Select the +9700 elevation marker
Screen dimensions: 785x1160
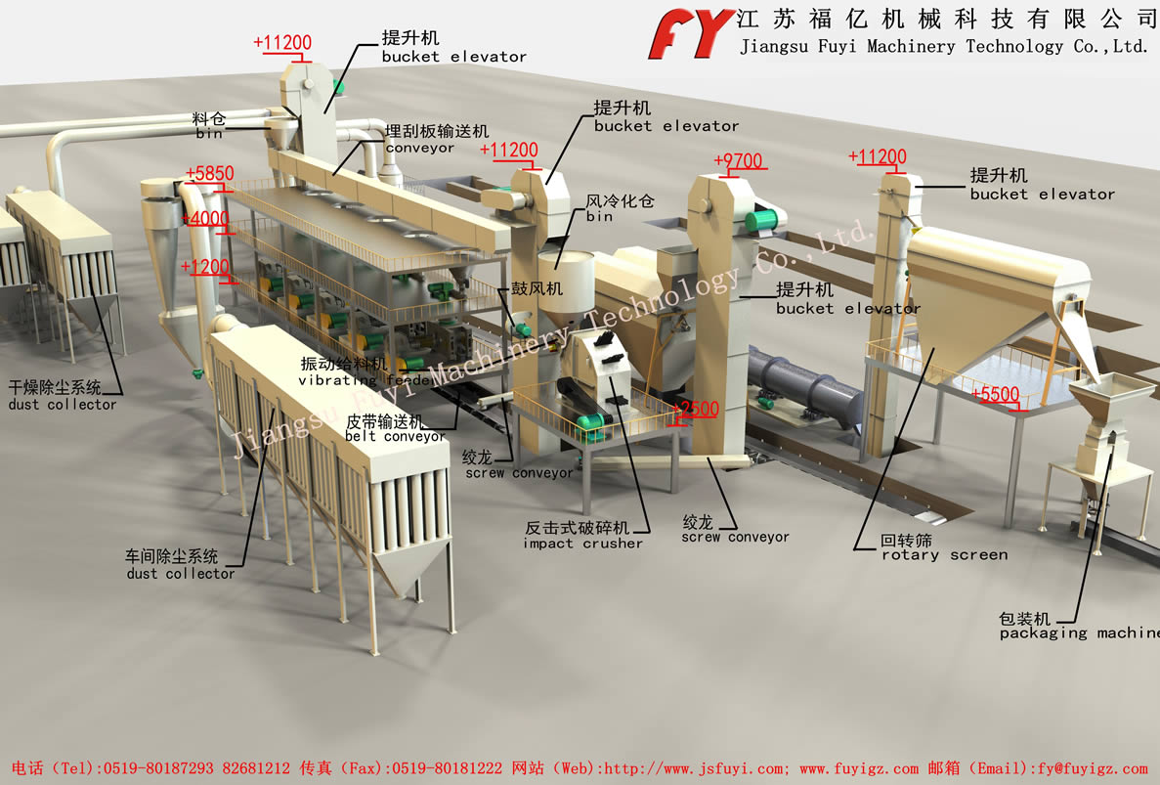(x=738, y=161)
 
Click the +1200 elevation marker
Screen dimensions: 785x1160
(x=205, y=267)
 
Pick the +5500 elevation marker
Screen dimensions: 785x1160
(x=996, y=395)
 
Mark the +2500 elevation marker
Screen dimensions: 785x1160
(x=696, y=410)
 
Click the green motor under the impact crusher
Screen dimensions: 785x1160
(x=590, y=423)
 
